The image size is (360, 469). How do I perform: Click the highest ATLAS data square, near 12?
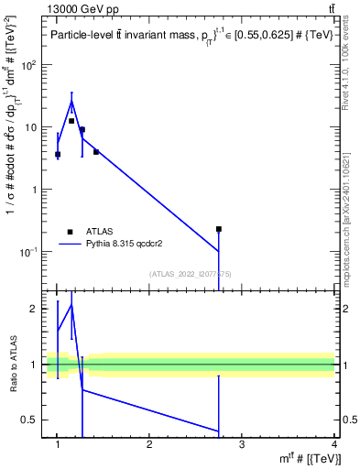(71, 121)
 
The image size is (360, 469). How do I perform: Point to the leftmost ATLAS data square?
(58, 154)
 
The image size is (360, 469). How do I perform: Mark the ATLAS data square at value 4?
(96, 152)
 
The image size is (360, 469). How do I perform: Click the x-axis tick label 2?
(149, 444)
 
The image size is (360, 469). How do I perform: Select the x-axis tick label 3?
(242, 444)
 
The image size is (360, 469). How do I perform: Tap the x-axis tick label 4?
(333, 444)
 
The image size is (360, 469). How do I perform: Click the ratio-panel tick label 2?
(36, 309)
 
